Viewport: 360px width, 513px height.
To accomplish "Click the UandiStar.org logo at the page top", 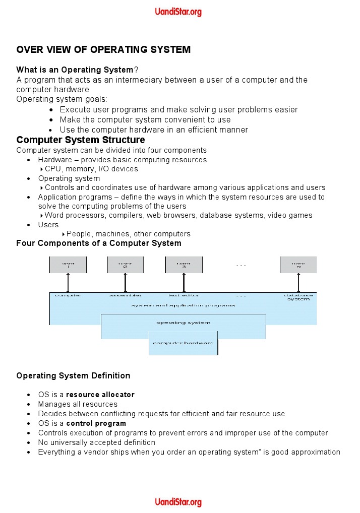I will pos(178,12).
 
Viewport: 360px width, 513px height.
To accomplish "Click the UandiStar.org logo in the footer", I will pos(178,502).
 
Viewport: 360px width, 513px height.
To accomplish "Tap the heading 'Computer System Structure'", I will pos(81,140).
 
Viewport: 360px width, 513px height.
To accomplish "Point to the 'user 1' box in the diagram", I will pos(68,265).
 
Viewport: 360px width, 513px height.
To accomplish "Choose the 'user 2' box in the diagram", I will pos(125,265).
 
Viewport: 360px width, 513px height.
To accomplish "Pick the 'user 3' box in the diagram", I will pos(184,265).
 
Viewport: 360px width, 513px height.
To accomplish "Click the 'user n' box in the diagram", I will pos(298,265).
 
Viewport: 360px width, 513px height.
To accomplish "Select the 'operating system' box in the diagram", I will pos(183,323).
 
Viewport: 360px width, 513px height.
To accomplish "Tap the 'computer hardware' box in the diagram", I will pos(183,343).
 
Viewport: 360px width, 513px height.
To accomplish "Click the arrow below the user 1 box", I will pos(68,283).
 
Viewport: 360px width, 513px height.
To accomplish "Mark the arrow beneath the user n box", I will pos(298,283).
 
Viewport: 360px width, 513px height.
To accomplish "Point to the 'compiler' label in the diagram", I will pos(68,295).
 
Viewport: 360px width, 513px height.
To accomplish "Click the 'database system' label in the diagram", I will pos(298,297).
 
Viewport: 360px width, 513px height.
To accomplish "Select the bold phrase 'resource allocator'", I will pos(100,395).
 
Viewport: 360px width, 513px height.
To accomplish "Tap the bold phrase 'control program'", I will pos(96,423).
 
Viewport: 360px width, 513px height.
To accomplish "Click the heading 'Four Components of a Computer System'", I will pos(99,243).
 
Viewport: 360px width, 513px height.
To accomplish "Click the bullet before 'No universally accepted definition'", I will pos(29,442).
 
